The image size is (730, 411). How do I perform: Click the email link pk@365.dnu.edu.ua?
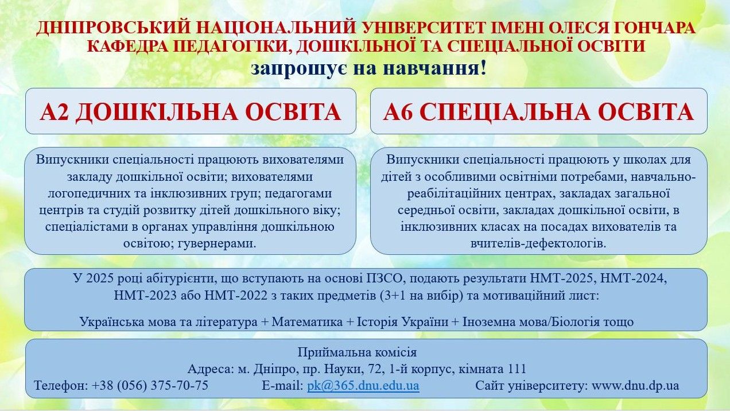pos(363,386)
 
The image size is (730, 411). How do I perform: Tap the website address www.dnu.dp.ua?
pos(635,386)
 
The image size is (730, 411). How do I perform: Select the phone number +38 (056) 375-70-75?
pos(150,386)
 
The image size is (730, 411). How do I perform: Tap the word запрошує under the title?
pos(299,69)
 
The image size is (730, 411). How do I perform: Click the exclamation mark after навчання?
pos(483,68)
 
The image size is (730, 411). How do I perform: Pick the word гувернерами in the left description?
pos(217,243)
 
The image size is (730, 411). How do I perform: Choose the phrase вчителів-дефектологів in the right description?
pos(538,243)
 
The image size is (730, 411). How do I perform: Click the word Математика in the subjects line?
pos(307,322)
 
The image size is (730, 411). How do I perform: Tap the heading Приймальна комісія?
pos(357,352)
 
